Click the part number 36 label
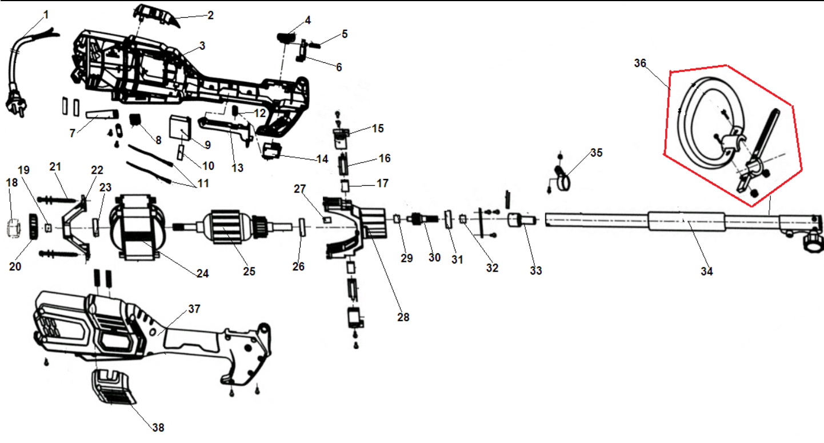click(639, 63)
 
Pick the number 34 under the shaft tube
click(707, 272)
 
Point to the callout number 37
click(194, 309)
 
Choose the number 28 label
click(403, 316)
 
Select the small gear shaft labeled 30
click(425, 221)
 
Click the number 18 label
click(12, 182)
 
